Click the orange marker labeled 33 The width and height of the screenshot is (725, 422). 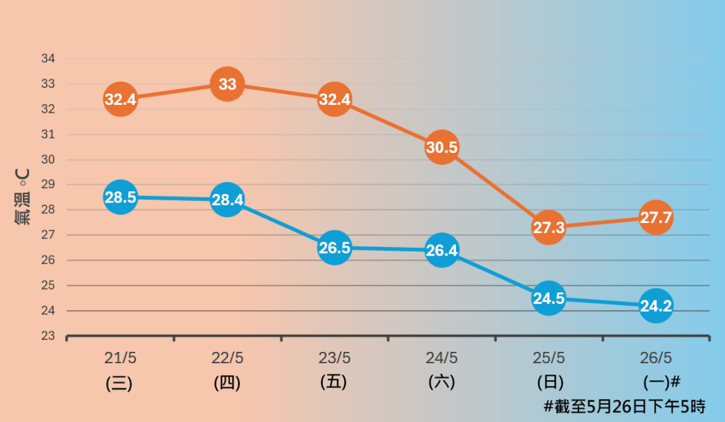(x=227, y=84)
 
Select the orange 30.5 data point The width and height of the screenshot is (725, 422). (x=442, y=147)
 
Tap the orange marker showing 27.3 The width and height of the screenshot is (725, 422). (x=549, y=227)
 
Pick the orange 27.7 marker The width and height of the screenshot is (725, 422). (x=656, y=217)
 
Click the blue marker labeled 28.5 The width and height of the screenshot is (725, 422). (x=120, y=198)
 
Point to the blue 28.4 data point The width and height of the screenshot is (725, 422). (x=227, y=200)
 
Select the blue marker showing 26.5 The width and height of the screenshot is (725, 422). (x=335, y=248)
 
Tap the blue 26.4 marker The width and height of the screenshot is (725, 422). (x=442, y=250)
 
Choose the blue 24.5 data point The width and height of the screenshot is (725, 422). (x=549, y=298)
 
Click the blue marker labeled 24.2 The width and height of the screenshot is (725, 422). (x=656, y=306)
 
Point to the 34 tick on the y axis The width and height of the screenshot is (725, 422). (x=49, y=59)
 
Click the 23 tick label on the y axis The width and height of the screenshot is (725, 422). (x=49, y=336)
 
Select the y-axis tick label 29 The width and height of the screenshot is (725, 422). (x=49, y=185)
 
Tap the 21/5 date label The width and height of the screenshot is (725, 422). (x=120, y=358)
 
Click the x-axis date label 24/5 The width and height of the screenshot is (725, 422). (x=442, y=358)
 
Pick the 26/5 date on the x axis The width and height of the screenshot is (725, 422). (x=656, y=358)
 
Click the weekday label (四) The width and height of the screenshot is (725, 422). (x=227, y=383)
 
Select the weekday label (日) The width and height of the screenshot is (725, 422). (x=549, y=382)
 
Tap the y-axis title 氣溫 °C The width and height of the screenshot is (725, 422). (x=22, y=197)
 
